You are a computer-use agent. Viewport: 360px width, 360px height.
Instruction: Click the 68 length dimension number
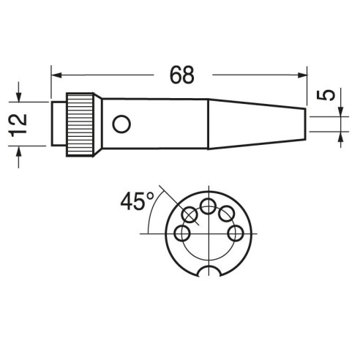182,75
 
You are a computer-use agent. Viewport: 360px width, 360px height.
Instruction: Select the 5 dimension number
326,95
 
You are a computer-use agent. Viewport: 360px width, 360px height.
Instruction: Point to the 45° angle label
138,201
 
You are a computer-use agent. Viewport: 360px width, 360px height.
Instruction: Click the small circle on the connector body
121,124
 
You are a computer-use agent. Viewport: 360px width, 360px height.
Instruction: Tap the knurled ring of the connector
80,124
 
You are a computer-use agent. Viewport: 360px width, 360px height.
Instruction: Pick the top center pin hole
209,206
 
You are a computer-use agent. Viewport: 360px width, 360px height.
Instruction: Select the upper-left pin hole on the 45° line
190,215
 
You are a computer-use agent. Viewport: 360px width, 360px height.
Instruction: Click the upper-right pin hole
227,214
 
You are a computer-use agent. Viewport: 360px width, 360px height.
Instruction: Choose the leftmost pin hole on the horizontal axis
182,233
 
